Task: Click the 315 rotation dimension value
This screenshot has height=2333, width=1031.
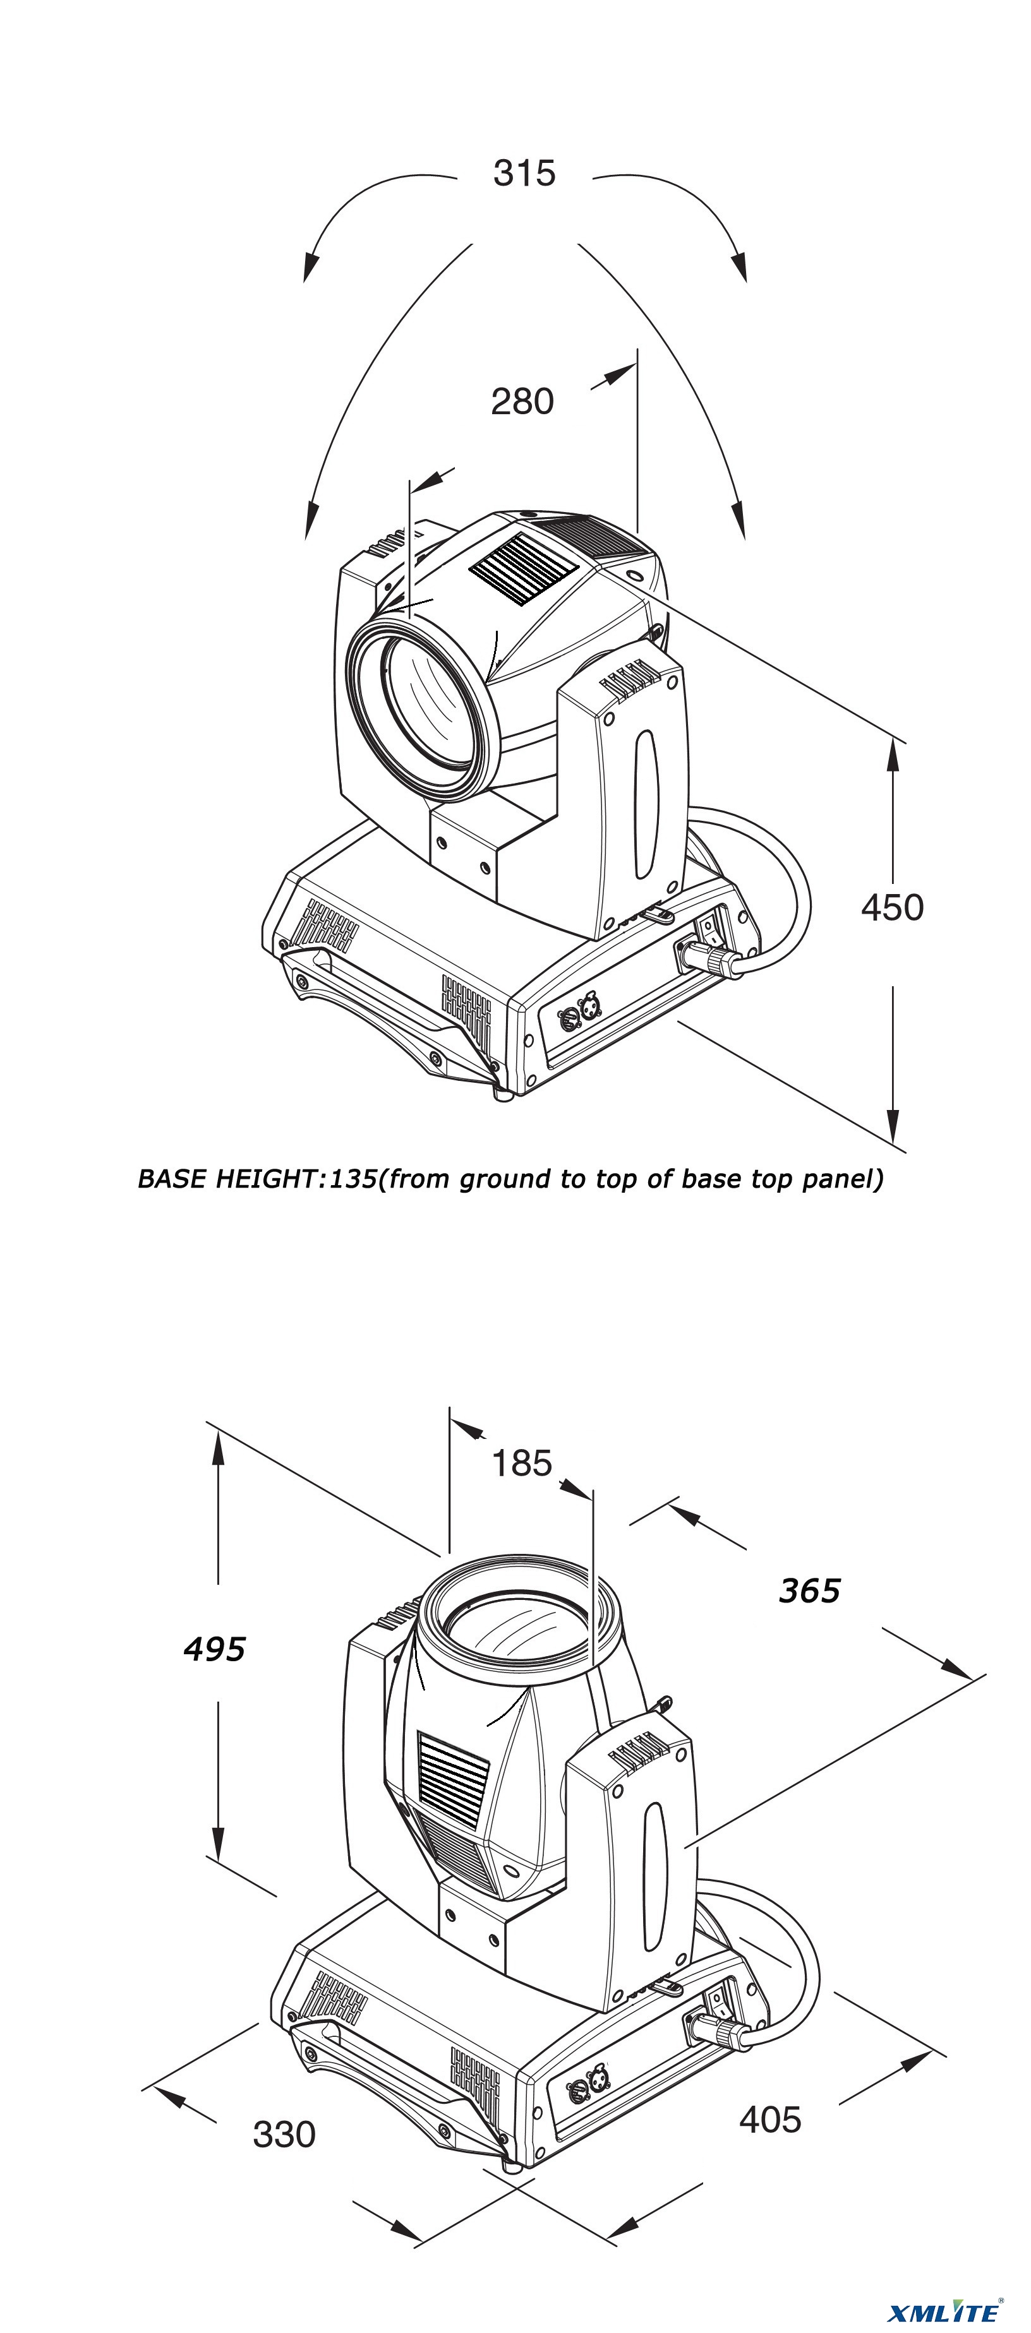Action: pos(524,173)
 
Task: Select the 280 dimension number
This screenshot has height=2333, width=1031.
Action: pos(522,401)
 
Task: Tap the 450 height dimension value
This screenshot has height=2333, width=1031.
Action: pos(893,907)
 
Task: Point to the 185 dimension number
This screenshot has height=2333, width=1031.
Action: pos(522,1463)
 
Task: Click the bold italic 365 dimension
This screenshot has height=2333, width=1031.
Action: pos(809,1590)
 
